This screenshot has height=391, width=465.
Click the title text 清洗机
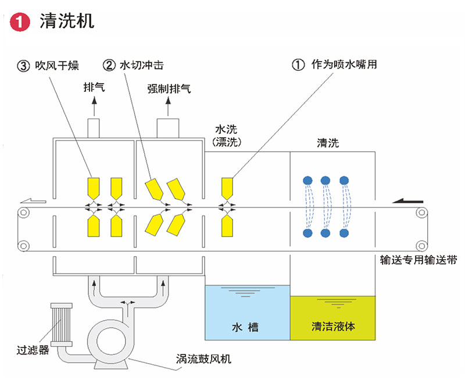(66, 22)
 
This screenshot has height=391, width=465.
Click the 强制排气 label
(169, 89)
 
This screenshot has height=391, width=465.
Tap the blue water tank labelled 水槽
(247, 313)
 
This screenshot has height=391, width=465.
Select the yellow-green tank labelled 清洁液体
(333, 317)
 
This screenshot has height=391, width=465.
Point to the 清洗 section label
(327, 142)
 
